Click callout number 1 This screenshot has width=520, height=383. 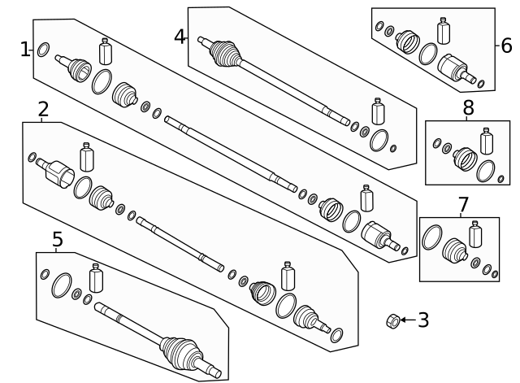tap(25, 50)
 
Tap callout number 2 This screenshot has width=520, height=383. tap(43, 109)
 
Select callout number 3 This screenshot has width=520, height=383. tap(423, 320)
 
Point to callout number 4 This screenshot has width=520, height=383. tap(180, 37)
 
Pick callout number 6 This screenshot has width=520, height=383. tap(506, 46)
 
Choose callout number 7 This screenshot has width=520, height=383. tap(463, 204)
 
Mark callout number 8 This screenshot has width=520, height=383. tap(468, 107)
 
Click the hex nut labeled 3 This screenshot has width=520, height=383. tap(393, 321)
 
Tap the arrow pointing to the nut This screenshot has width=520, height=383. tap(408, 320)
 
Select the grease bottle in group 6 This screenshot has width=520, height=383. tap(444, 31)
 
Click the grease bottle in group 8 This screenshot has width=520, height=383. tap(487, 141)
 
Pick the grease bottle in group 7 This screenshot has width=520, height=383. tap(475, 234)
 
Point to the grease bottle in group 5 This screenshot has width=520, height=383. tap(96, 278)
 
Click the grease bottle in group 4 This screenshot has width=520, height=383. tap(378, 111)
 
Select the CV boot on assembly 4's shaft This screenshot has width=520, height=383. tap(225, 54)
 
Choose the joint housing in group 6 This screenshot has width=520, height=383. tap(453, 68)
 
